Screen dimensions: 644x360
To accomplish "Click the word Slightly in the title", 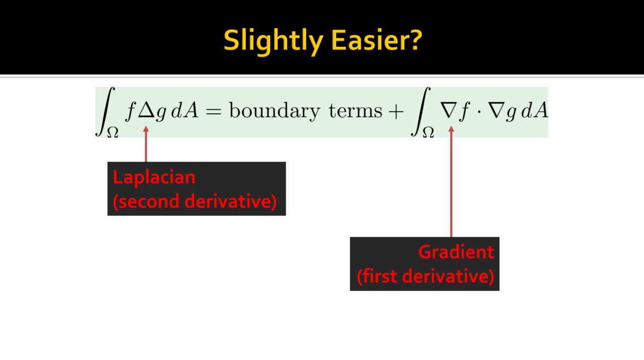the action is (273, 41).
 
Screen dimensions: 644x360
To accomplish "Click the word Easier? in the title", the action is (377, 40).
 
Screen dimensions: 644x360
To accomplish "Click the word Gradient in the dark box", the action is (456, 252).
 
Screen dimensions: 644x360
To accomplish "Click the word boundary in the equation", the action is (275, 111).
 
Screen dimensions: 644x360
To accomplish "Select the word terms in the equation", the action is (356, 111).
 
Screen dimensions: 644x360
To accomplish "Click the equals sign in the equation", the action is (214, 111).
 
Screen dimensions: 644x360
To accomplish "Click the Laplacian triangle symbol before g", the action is (146, 110).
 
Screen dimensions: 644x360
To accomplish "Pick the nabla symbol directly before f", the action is (449, 110).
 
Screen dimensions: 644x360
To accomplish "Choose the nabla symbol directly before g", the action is (496, 110).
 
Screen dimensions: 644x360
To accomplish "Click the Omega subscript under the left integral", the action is (113, 132).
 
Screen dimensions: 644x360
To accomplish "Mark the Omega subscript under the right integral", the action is (428, 132).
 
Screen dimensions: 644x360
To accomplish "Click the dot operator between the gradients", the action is (478, 111).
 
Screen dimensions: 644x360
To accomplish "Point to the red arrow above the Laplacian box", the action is (146, 144).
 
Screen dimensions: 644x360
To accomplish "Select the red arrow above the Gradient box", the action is (451, 182).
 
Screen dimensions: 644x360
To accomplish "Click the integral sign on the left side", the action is (106, 111).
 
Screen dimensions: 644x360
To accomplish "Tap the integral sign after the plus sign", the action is (421, 111).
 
